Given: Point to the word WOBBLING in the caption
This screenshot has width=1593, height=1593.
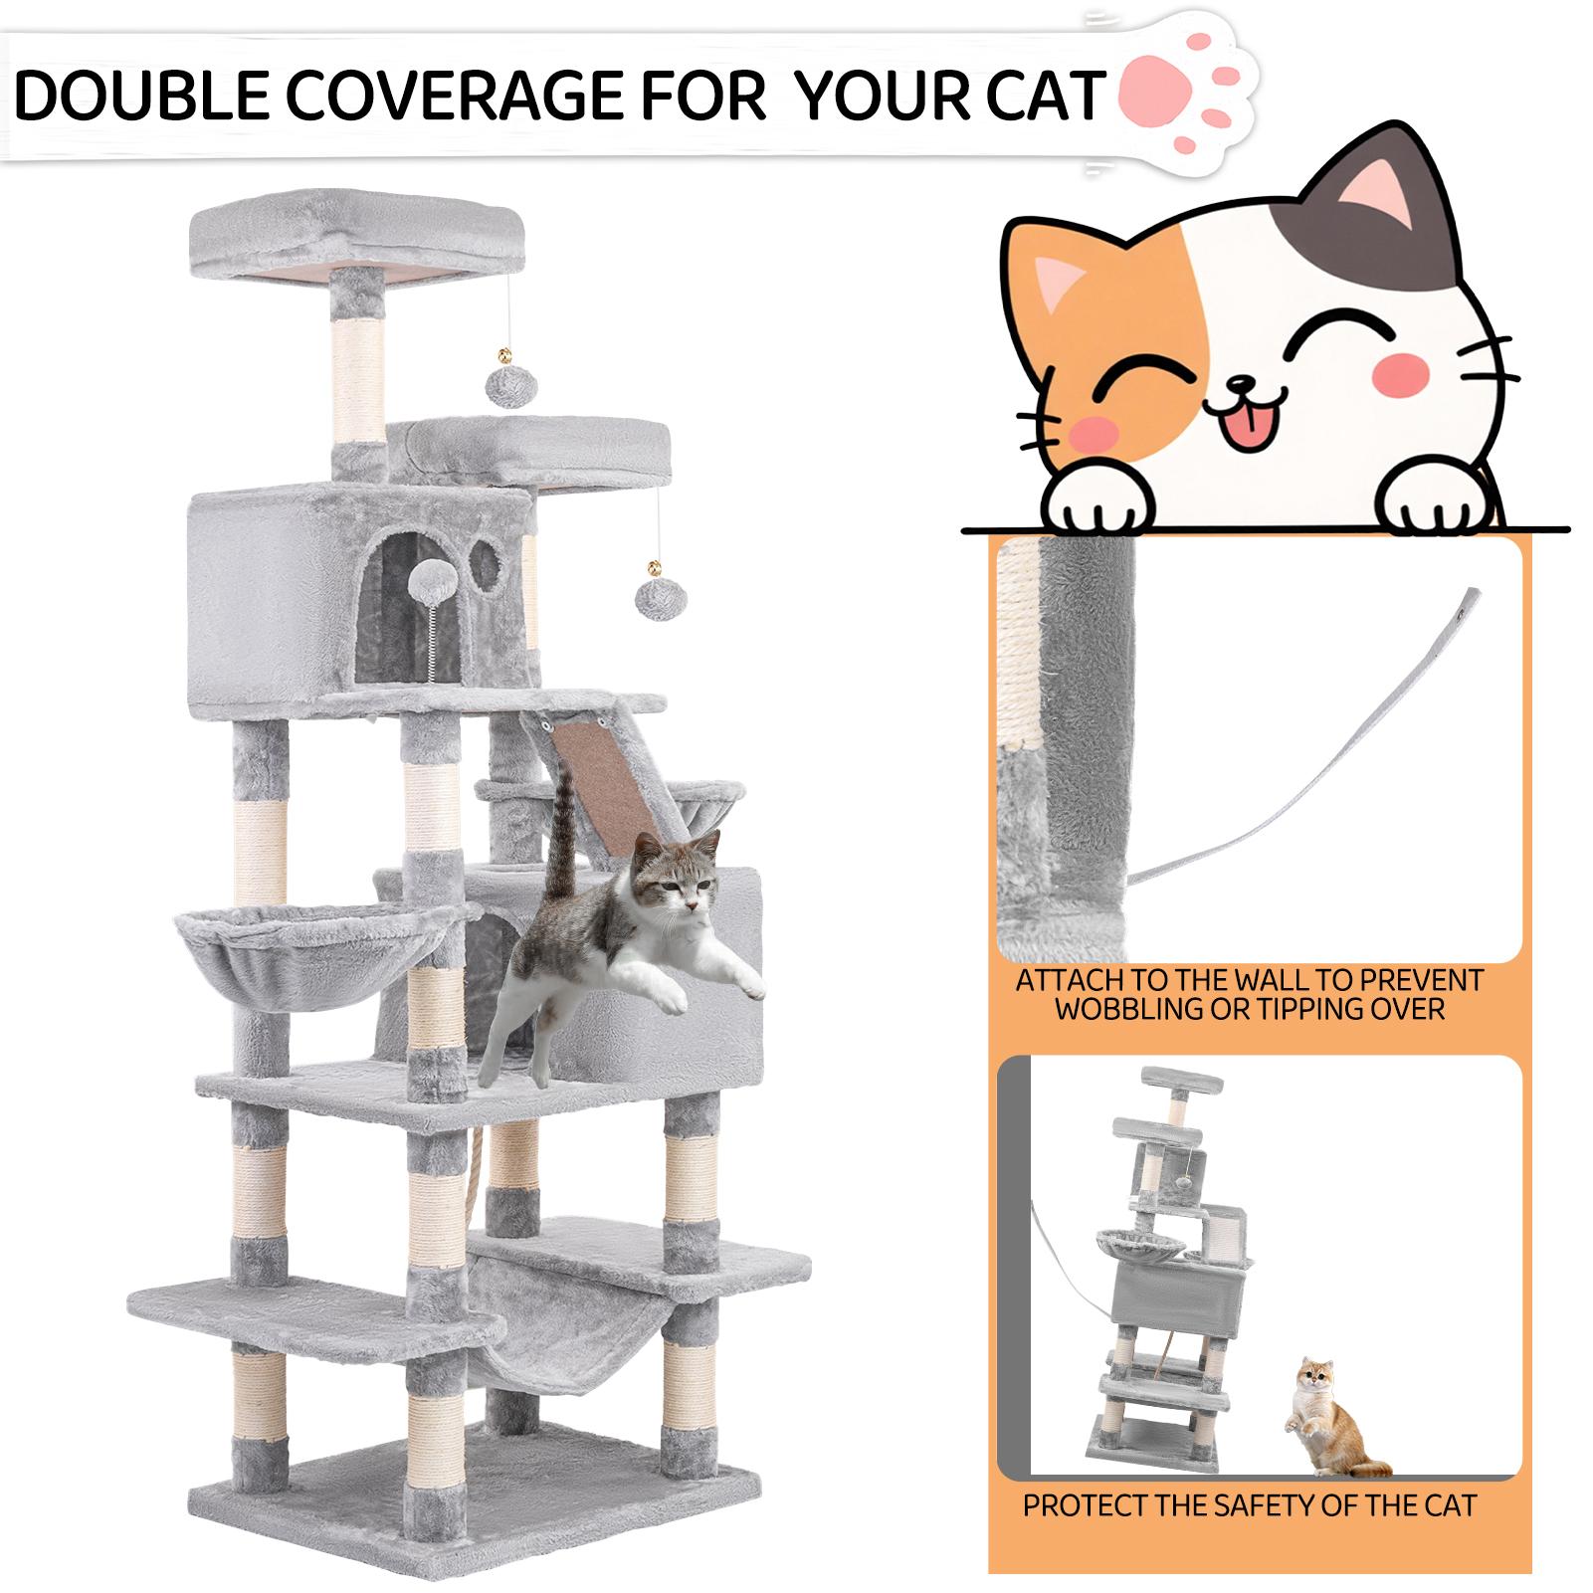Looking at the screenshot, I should pyautogui.click(x=1127, y=1011).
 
